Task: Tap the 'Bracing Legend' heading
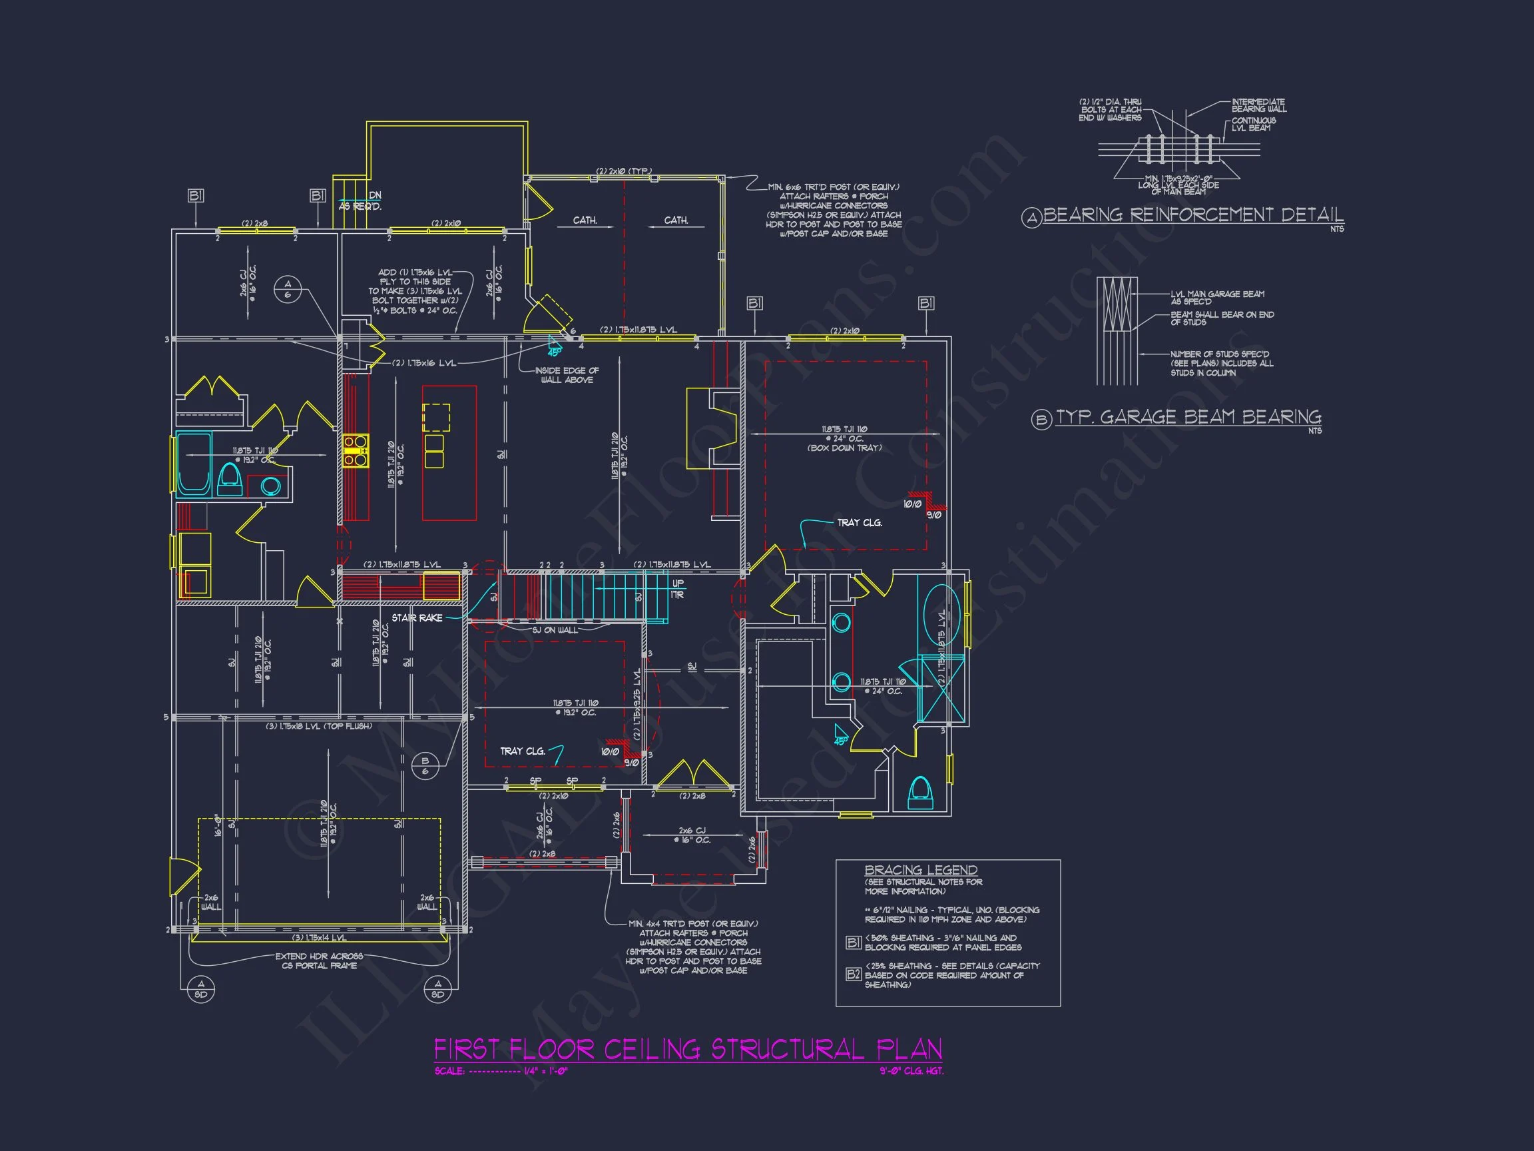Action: tap(920, 869)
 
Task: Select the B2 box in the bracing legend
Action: tap(853, 974)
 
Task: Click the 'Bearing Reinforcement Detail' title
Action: tap(1193, 214)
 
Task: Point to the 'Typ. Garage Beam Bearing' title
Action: tap(1188, 417)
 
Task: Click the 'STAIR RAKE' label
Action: tap(417, 617)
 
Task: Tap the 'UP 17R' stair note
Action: tap(678, 589)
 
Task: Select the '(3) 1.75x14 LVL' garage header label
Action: tap(319, 937)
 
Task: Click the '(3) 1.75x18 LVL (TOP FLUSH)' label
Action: tap(319, 726)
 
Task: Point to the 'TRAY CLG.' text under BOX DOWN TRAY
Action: tap(860, 522)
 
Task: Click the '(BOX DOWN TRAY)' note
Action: tap(844, 448)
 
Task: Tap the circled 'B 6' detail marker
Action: tap(425, 766)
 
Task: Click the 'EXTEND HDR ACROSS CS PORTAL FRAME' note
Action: tap(319, 960)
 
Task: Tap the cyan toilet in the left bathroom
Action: tap(229, 480)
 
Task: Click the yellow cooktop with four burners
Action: tap(355, 449)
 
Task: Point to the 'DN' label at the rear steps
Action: tap(374, 196)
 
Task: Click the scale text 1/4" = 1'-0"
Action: tap(546, 1070)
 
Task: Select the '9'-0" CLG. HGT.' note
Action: tap(911, 1070)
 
